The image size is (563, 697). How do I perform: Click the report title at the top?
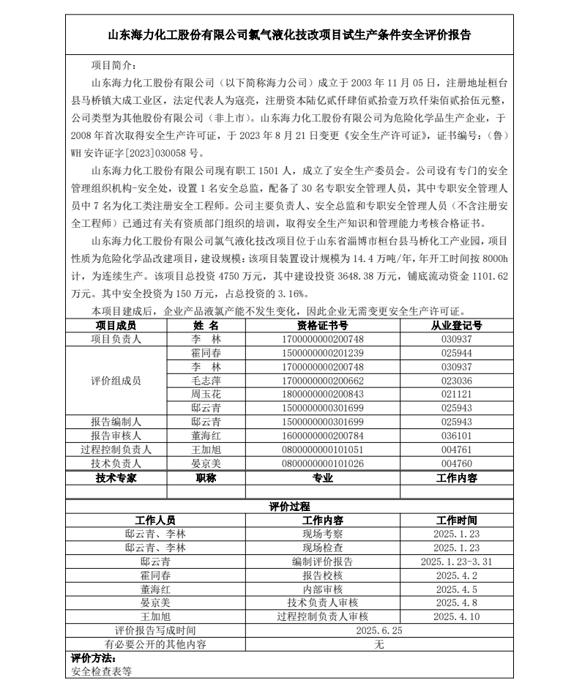pyautogui.click(x=289, y=35)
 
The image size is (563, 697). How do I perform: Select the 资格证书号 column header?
pyautogui.click(x=322, y=326)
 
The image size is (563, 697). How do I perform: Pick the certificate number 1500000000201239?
pyautogui.click(x=322, y=353)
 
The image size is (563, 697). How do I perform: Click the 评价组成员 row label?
pyautogui.click(x=116, y=381)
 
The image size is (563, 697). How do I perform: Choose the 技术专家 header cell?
pyautogui.click(x=116, y=478)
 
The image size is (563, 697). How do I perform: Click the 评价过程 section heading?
pyautogui.click(x=289, y=507)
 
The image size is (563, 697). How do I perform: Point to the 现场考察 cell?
pyautogui.click(x=322, y=534)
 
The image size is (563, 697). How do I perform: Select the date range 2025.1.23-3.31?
pyautogui.click(x=456, y=562)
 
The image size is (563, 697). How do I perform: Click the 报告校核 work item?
pyautogui.click(x=322, y=575)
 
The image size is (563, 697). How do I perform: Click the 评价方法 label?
pyautogui.click(x=88, y=658)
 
